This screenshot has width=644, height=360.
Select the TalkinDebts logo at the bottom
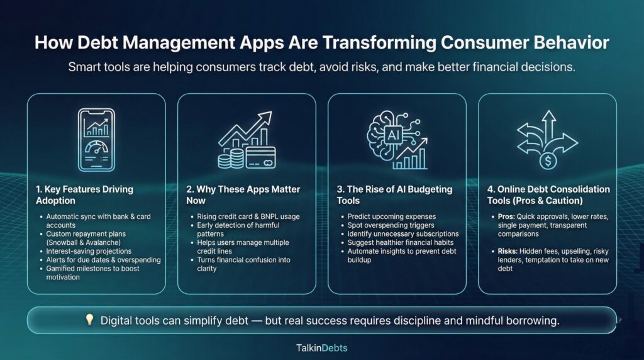pos(321,347)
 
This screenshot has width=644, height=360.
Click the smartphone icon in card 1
pos(96,140)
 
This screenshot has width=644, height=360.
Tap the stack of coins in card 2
pos(230,157)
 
